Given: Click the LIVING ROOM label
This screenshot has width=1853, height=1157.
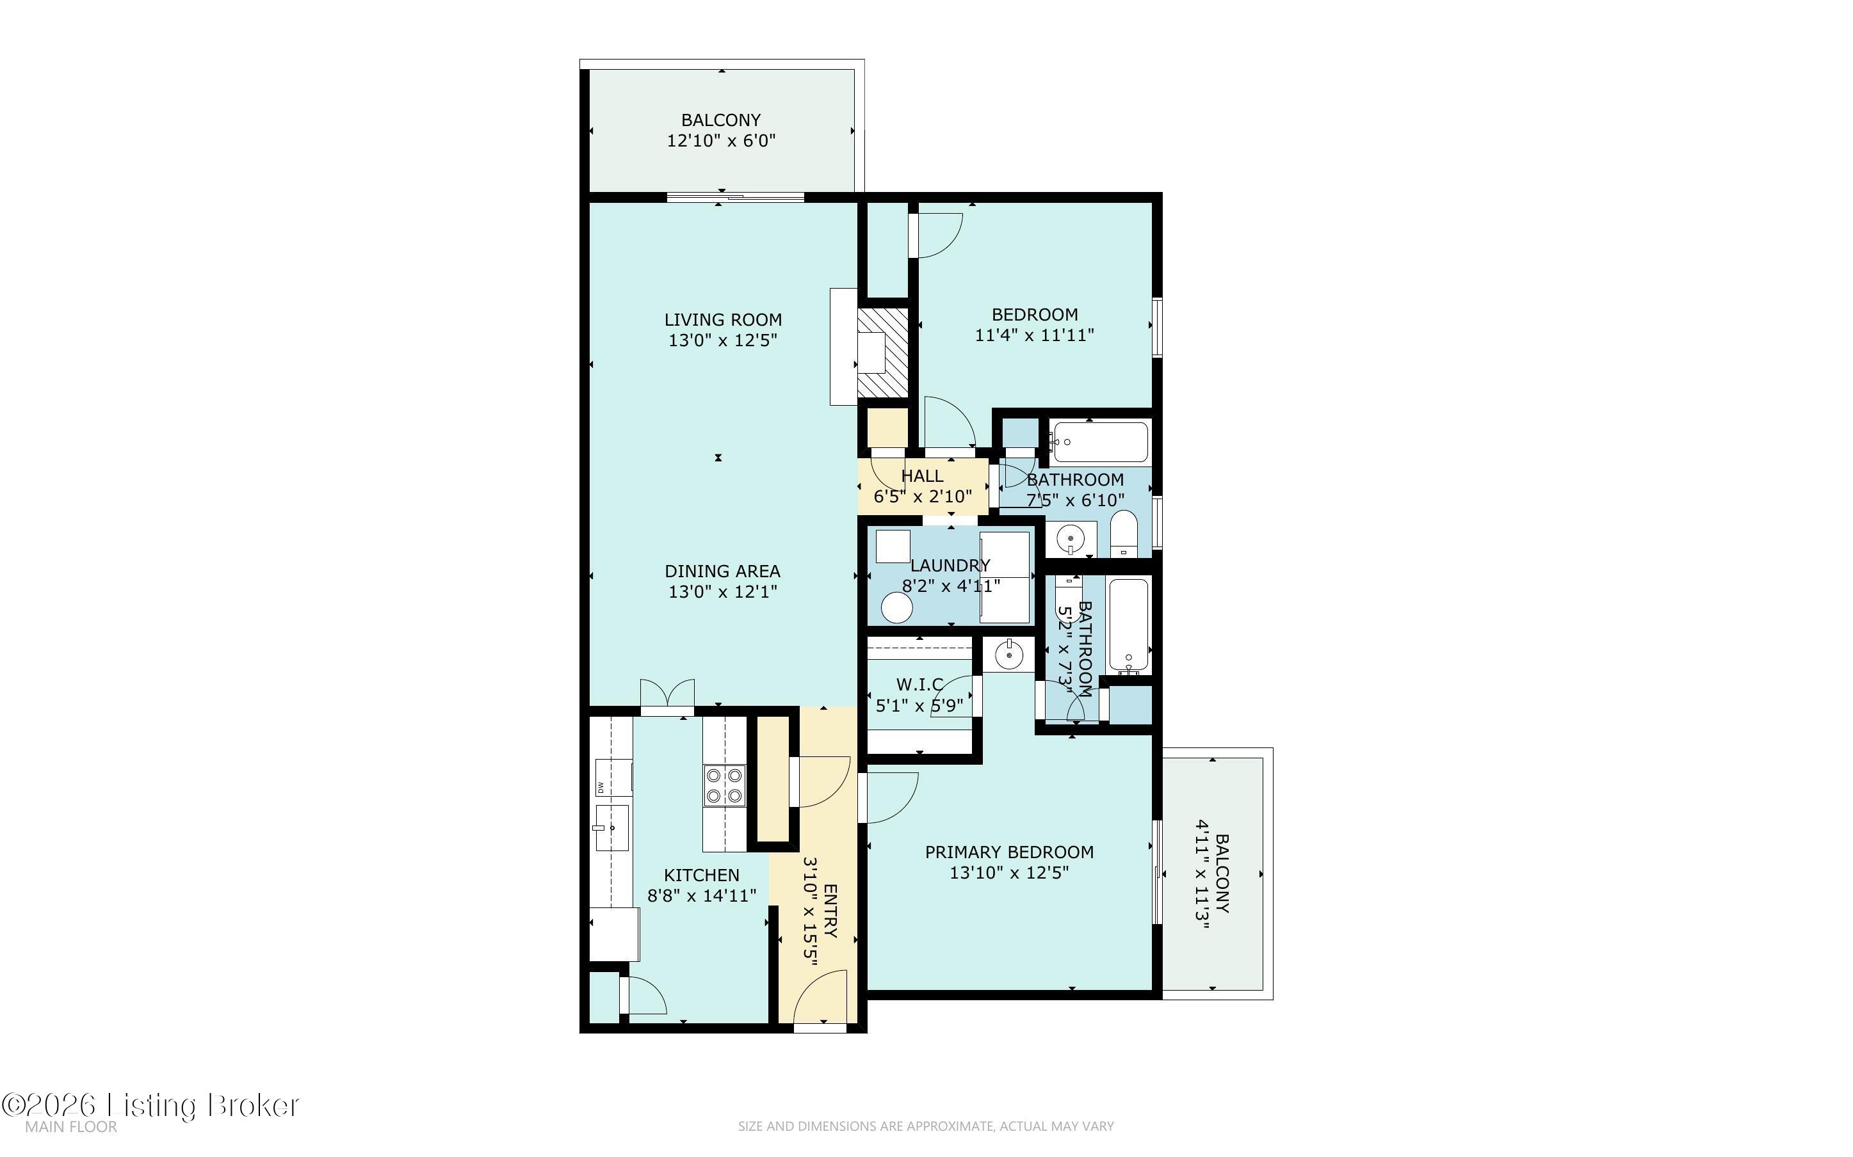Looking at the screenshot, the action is click(x=722, y=320).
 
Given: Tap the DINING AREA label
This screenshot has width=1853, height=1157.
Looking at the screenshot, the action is click(x=722, y=571).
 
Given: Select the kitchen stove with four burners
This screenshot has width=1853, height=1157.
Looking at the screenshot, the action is click(x=724, y=785).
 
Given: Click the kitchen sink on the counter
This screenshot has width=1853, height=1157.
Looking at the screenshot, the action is click(x=612, y=828).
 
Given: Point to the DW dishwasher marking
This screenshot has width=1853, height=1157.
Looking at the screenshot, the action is click(x=601, y=787).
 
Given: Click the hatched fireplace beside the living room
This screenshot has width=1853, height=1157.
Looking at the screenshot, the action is click(x=882, y=353).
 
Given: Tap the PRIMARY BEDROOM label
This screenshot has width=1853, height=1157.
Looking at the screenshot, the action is click(x=1009, y=852).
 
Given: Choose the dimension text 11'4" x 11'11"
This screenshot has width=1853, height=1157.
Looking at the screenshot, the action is click(x=1034, y=335).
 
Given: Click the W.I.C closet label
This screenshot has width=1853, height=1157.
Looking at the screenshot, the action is click(x=919, y=684).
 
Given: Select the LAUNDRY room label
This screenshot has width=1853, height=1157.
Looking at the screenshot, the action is click(x=950, y=566).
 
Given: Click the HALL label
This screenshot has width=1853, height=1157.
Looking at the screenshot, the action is click(x=922, y=476).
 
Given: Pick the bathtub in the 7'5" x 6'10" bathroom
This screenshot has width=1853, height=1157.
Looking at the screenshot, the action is click(x=1098, y=442).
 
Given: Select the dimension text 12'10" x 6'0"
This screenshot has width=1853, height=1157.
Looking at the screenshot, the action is click(x=721, y=141).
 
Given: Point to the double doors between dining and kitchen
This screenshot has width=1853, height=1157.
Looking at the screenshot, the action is click(x=667, y=694).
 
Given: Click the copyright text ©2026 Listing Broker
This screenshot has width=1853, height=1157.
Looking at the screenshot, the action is click(x=150, y=1105).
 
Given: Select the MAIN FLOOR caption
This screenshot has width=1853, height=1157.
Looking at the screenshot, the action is click(x=71, y=1126).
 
